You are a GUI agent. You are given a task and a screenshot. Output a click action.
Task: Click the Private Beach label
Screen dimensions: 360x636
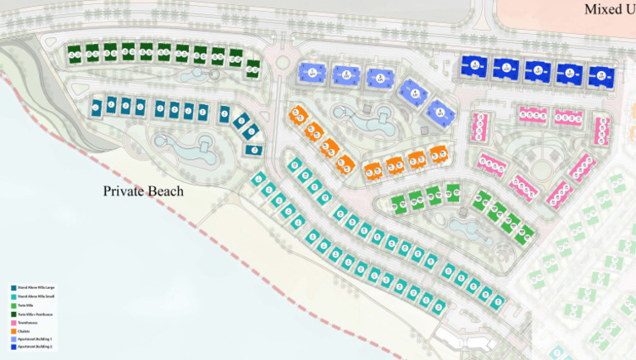[x=143, y=191]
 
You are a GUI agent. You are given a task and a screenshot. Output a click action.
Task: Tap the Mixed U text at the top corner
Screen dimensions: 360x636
[x=609, y=9]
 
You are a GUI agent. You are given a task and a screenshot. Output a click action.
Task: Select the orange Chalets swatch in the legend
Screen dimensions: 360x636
[x=13, y=331]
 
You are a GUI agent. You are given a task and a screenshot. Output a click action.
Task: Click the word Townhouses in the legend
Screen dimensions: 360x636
[x=27, y=323]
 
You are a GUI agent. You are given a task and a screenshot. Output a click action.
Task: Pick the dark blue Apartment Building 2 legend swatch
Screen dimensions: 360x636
[x=13, y=347]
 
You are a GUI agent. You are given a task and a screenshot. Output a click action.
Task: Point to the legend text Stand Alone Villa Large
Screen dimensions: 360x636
[x=36, y=288]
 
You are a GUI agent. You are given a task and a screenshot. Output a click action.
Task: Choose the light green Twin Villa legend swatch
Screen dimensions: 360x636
[x=13, y=305]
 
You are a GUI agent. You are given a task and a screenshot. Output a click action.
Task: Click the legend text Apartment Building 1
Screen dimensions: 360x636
[x=35, y=339]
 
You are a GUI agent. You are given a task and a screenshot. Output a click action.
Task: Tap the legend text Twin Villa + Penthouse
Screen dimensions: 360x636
[x=35, y=314]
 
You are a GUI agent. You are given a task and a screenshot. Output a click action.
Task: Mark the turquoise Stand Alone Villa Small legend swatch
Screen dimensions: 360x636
[x=13, y=297]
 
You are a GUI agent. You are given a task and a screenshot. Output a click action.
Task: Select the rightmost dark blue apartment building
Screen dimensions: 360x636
[x=602, y=76]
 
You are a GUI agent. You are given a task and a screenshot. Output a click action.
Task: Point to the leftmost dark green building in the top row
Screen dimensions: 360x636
[x=74, y=54]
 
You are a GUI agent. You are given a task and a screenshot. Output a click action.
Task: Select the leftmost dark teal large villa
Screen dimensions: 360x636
[x=96, y=105]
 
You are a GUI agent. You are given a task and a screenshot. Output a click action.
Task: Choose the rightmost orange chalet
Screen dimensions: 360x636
[x=439, y=155]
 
